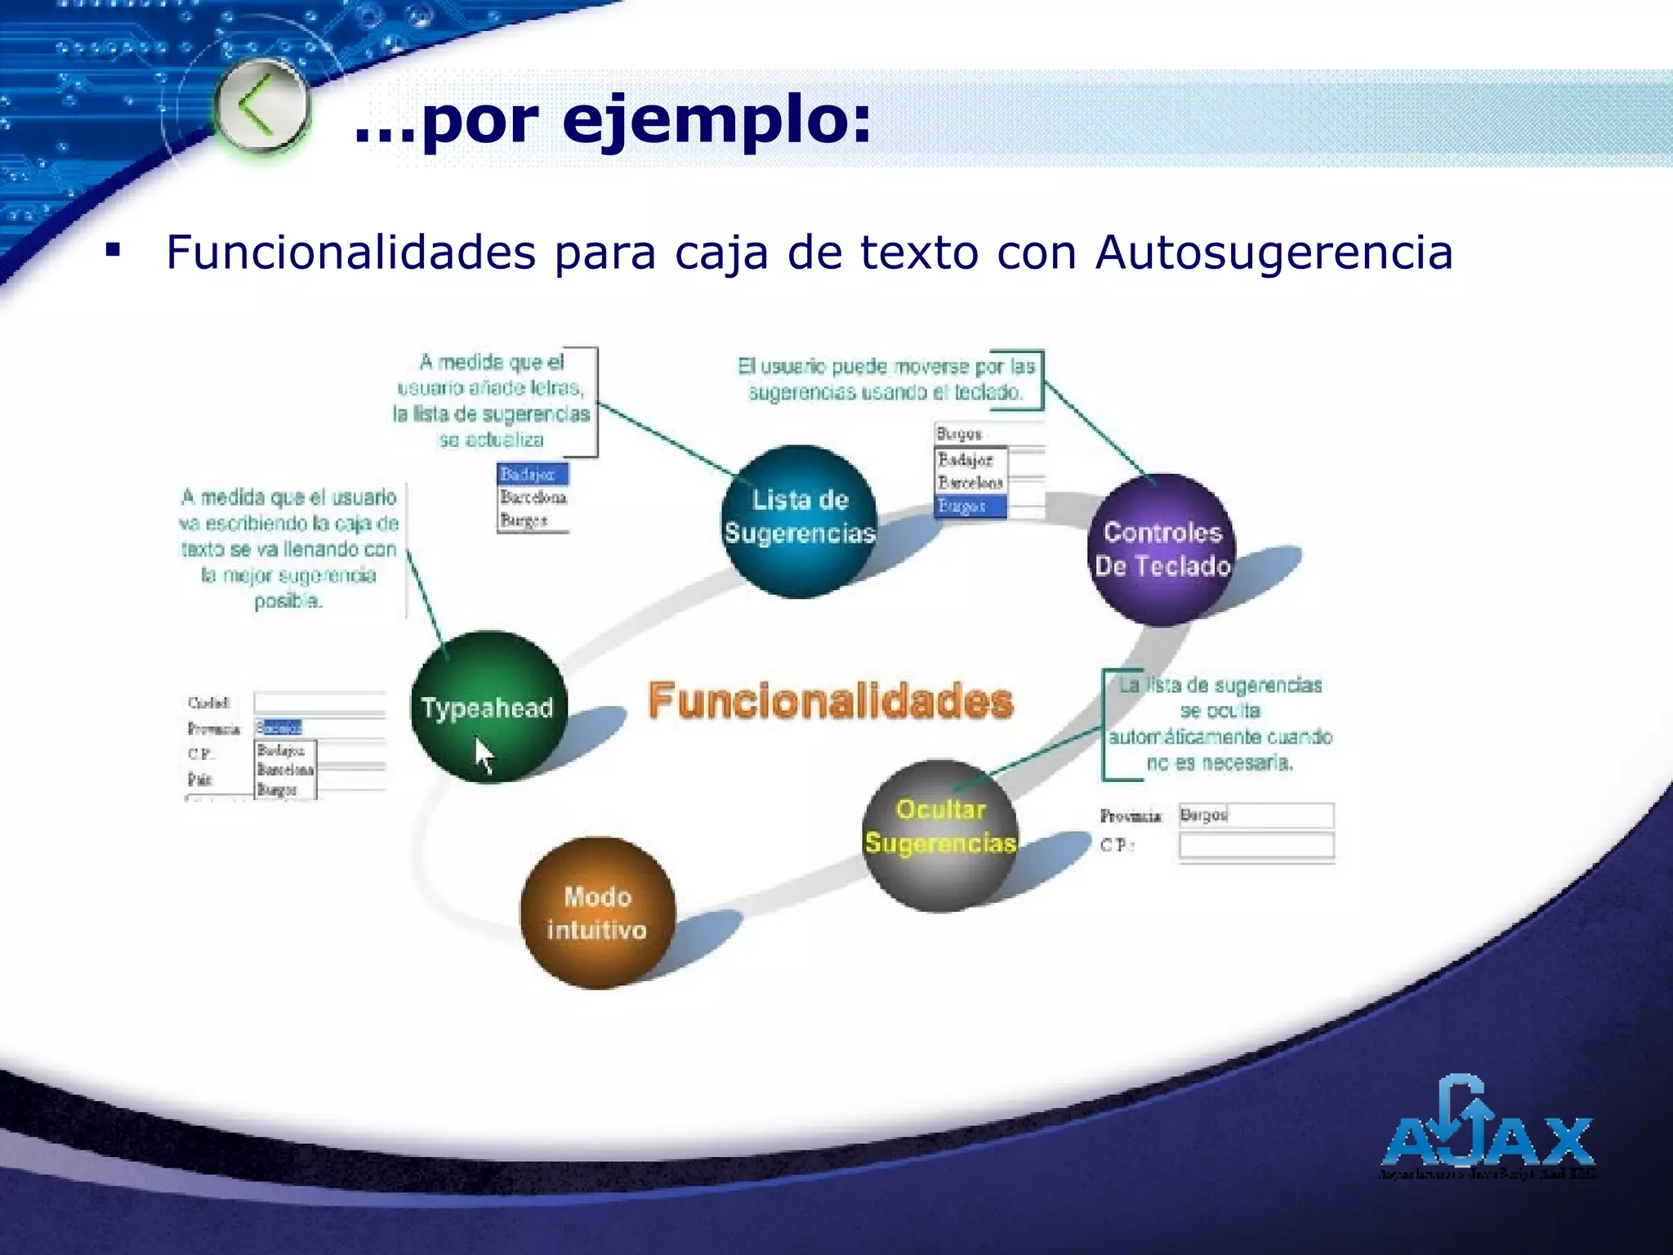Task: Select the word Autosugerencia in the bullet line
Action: coord(1274,252)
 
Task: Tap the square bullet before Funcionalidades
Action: coord(113,248)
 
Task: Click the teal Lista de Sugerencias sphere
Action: coord(799,520)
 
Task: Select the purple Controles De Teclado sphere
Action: coord(1162,549)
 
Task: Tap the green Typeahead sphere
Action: coord(488,706)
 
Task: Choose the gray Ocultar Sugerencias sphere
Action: coord(940,833)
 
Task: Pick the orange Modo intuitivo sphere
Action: coord(597,913)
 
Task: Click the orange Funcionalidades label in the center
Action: coord(831,701)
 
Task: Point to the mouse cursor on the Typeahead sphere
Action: coord(484,754)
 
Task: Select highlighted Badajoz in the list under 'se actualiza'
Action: coord(532,474)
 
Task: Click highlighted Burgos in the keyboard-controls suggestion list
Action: coord(970,507)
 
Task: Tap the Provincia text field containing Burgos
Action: coord(1256,815)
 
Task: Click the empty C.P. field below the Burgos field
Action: coord(1256,845)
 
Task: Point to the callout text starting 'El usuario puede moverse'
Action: coord(886,379)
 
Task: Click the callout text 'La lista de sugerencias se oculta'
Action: coord(1220,724)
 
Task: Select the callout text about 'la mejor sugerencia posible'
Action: coord(288,548)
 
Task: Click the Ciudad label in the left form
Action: coord(209,703)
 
